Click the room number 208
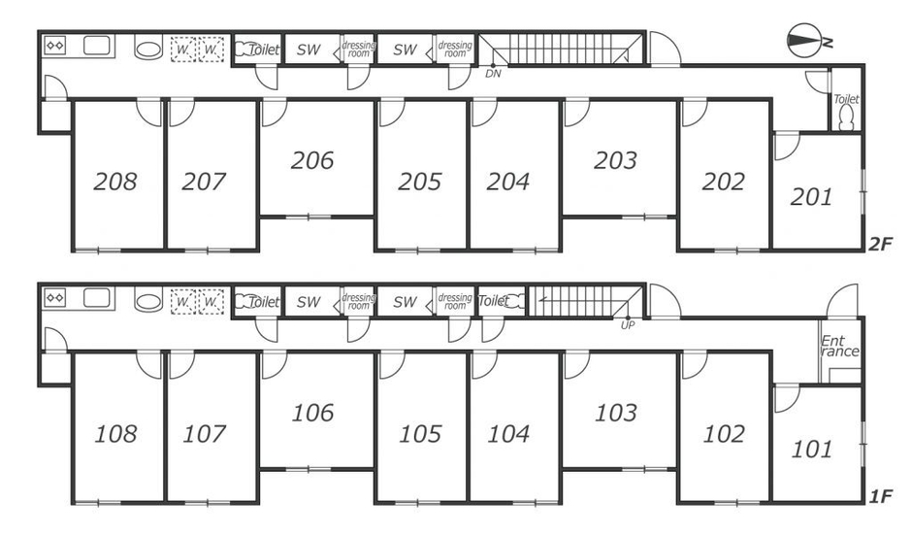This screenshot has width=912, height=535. pos(115,182)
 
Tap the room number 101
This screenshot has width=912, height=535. pos(812,450)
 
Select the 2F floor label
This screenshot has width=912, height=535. pos(880,244)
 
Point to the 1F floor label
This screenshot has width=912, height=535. pos(881,496)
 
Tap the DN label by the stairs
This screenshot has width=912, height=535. pos(493,74)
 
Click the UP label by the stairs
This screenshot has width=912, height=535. pos(628,325)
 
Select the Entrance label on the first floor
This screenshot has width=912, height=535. pos(840,346)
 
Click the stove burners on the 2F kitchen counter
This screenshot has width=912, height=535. pos(55,46)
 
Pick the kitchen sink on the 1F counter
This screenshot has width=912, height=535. pos(97,297)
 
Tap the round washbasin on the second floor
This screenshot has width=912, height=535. pos(148,48)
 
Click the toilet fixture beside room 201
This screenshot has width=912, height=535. pos(846,118)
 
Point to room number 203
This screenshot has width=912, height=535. pos(615,160)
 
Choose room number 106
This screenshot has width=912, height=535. pos(312,413)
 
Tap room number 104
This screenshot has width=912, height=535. pos(508,434)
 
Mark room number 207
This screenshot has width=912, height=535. pos(204,182)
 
